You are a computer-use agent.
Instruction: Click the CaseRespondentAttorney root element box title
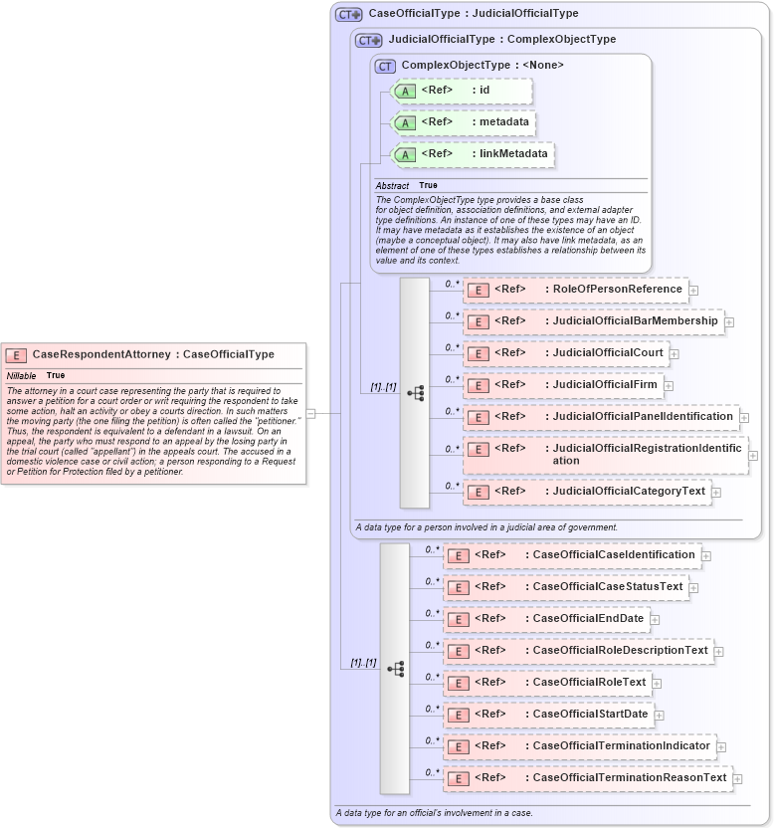tap(153, 354)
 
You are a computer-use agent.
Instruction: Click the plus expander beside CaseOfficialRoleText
tap(658, 684)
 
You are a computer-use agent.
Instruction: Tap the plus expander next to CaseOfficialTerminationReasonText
tap(738, 778)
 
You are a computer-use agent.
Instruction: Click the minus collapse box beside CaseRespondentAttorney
tap(311, 413)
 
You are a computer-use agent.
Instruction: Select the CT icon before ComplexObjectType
tap(385, 66)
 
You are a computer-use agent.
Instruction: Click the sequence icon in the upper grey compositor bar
tap(414, 392)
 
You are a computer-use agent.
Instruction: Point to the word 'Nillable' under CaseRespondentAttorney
tap(22, 375)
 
